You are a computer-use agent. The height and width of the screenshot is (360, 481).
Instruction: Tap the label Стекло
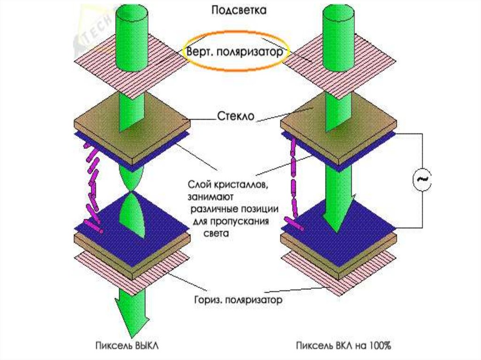point(236,115)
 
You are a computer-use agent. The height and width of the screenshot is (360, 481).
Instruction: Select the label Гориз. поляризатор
point(238,299)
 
